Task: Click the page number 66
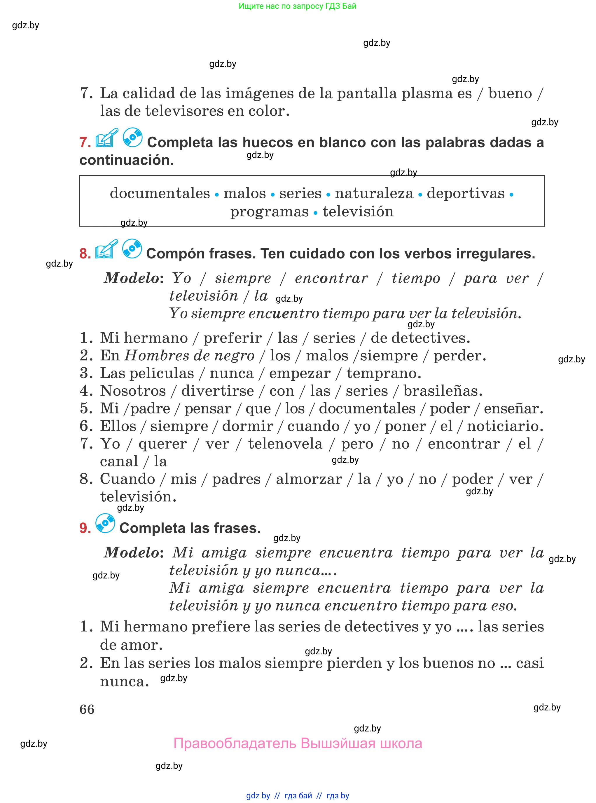pyautogui.click(x=87, y=710)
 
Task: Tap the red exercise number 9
pyautogui.click(x=85, y=528)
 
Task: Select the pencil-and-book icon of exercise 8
pyautogui.click(x=106, y=249)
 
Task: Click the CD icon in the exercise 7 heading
pyautogui.click(x=133, y=138)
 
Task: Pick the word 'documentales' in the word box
pyautogui.click(x=160, y=194)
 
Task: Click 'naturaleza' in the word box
pyautogui.click(x=374, y=194)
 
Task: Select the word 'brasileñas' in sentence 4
pyautogui.click(x=442, y=391)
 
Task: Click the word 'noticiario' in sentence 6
pyautogui.click(x=504, y=426)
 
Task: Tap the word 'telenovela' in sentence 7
pyautogui.click(x=285, y=444)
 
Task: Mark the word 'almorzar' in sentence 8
pyautogui.click(x=309, y=479)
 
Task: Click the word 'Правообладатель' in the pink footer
pyautogui.click(x=235, y=744)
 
